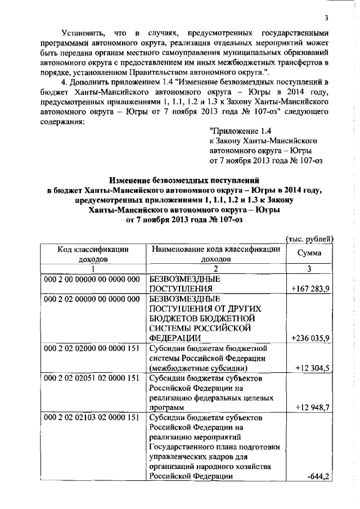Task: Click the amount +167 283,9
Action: (311, 289)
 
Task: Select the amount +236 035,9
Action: (311, 339)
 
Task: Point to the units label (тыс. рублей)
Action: (310, 238)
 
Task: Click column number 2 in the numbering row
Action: (216, 268)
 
